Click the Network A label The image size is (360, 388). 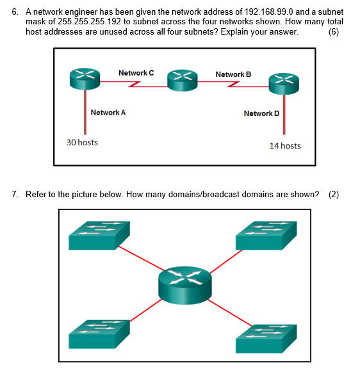108,113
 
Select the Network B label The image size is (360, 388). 233,75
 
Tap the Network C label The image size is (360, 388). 136,74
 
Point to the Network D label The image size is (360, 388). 261,113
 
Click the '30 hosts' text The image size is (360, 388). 83,142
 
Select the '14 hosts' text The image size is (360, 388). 285,146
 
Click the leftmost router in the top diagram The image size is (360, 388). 85,77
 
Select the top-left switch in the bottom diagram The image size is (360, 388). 99,235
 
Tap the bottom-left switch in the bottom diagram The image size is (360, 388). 99,334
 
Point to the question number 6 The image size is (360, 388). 16,12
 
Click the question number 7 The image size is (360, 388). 16,195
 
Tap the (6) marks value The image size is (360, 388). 333,32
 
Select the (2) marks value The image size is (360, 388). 333,195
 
